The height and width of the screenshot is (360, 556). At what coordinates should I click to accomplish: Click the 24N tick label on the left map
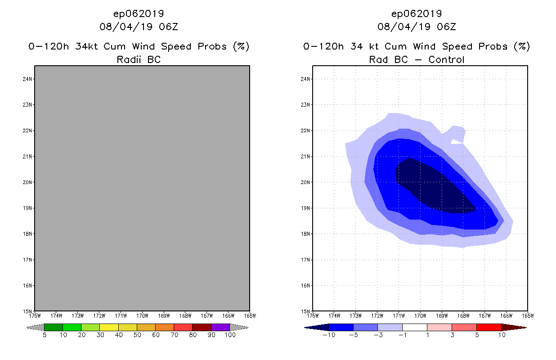(28, 79)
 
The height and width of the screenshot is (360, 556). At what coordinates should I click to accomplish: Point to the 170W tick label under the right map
(420, 315)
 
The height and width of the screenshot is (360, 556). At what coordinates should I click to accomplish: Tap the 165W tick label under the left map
(250, 315)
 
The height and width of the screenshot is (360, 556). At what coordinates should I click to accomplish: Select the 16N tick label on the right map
(306, 286)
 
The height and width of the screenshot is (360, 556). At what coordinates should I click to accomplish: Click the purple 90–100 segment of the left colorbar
(220, 327)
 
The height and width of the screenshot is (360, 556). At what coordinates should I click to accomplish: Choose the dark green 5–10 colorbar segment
(54, 327)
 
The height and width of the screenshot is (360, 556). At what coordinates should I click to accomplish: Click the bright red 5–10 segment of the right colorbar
(489, 327)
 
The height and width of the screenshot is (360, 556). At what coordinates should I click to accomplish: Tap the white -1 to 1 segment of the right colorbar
(414, 327)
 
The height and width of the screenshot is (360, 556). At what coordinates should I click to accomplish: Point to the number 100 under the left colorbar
(230, 335)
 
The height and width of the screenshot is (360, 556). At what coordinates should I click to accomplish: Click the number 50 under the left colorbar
(137, 335)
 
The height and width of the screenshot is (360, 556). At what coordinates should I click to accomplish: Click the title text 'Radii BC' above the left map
(139, 59)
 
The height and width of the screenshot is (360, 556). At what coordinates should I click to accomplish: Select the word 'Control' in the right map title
(446, 59)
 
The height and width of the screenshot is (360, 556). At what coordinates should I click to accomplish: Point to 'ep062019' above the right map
(417, 14)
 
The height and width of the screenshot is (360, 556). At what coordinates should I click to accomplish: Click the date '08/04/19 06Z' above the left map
(139, 27)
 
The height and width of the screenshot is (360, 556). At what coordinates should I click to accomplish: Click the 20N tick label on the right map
(306, 182)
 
